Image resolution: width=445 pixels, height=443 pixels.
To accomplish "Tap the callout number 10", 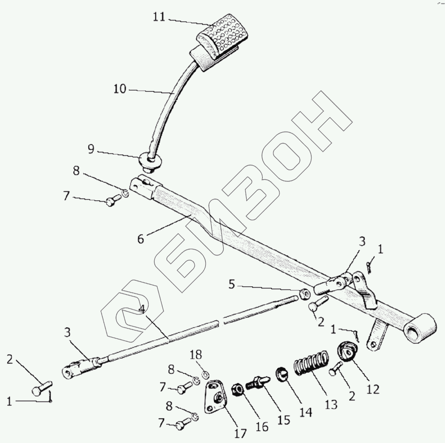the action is pyautogui.click(x=120, y=89).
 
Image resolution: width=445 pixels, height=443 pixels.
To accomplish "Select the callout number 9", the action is pyautogui.click(x=91, y=149).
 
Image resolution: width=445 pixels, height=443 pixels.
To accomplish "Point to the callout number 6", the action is pyautogui.click(x=141, y=240).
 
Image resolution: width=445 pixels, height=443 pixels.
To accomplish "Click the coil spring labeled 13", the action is pyautogui.click(x=312, y=362).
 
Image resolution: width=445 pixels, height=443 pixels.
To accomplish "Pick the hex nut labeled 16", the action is pyautogui.click(x=238, y=390).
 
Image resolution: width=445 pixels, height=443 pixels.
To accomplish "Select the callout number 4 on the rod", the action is pyautogui.click(x=142, y=309).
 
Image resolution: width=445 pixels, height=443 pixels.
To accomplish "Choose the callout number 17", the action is pyautogui.click(x=240, y=433).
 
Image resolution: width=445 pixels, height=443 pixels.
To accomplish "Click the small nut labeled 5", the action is pyautogui.click(x=304, y=294).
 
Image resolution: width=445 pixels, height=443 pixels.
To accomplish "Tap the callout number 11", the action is pyautogui.click(x=159, y=17).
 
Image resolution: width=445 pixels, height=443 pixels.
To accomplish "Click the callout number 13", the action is pyautogui.click(x=331, y=404).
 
